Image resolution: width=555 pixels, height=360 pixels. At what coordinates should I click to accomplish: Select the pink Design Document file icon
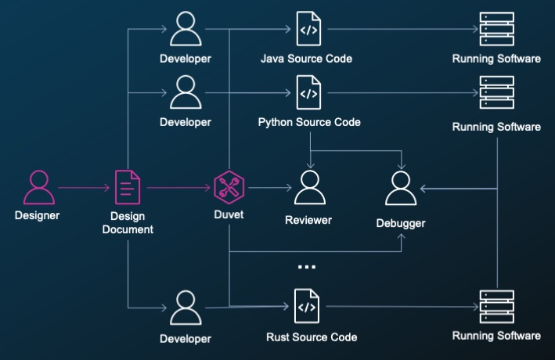128,187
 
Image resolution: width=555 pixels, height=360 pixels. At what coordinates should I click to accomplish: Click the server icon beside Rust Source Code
496,307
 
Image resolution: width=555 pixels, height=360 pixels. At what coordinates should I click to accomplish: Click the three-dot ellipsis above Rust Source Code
307,267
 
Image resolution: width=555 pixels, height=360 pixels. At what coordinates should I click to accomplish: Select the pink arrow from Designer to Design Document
84,188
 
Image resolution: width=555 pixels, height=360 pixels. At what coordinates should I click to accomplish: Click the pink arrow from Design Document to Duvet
178,188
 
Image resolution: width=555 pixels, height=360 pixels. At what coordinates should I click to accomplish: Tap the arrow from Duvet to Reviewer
270,188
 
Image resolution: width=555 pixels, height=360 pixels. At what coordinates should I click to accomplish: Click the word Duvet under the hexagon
229,214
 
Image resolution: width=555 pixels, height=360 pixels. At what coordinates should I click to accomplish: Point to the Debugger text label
401,223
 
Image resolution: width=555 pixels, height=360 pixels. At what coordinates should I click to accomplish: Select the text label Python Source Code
309,122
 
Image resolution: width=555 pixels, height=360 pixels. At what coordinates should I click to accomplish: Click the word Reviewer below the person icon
308,220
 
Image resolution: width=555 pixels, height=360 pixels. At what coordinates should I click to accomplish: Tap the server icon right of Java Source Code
496,29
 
